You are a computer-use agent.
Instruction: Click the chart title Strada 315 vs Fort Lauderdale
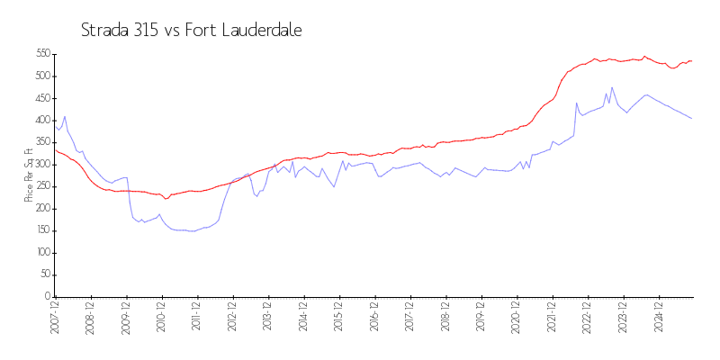point(191,30)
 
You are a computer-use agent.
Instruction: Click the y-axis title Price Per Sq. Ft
point(30,175)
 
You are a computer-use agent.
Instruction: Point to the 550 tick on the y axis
point(42,54)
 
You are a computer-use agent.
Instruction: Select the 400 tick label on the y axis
point(42,120)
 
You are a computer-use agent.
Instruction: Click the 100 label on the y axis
point(42,253)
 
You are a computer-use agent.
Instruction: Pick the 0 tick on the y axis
point(47,297)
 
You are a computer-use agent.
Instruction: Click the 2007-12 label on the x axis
point(55,319)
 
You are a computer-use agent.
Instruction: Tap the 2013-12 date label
point(267,319)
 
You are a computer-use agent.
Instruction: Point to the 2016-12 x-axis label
point(373,319)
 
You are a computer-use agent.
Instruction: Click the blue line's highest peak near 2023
point(612,88)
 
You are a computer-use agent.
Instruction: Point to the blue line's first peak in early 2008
point(65,116)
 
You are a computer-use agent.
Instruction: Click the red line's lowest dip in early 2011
point(166,199)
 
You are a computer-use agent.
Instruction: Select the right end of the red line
point(691,61)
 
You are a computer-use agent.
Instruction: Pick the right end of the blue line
point(691,118)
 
